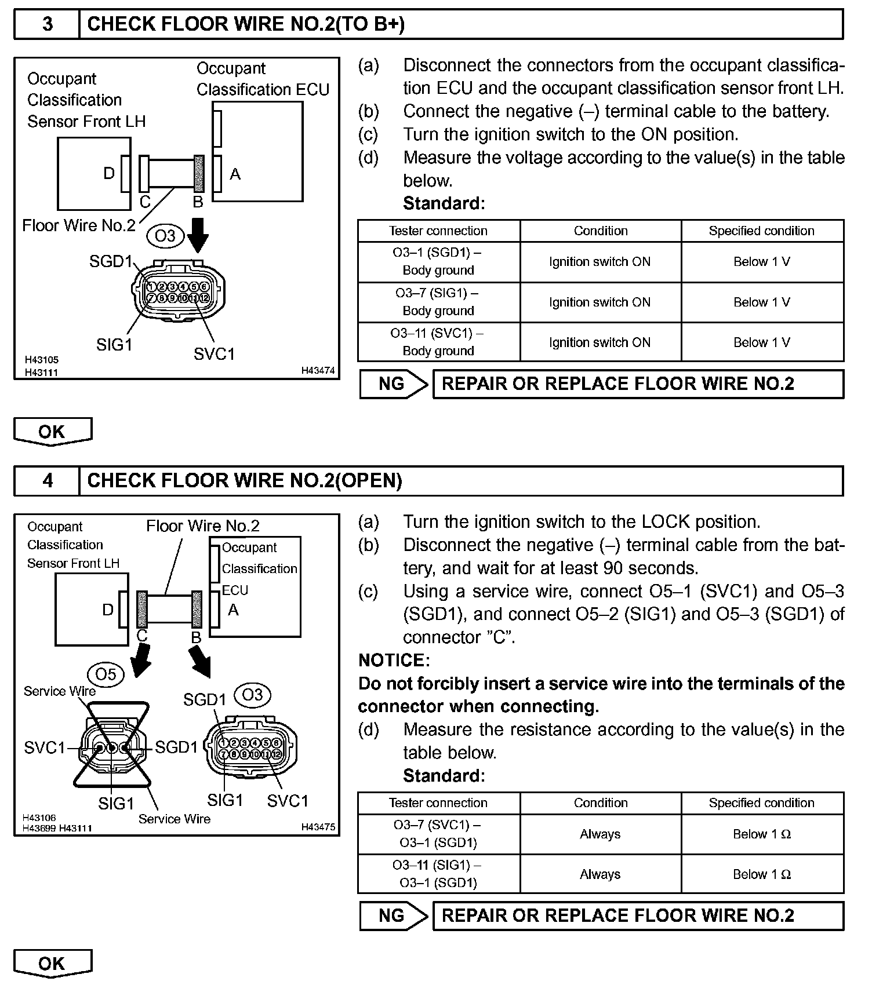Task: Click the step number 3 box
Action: click(47, 24)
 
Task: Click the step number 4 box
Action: click(47, 480)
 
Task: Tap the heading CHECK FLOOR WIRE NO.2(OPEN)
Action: click(244, 480)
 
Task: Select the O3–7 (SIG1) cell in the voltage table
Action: click(438, 302)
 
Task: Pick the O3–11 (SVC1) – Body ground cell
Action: click(438, 342)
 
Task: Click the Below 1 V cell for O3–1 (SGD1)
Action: click(762, 262)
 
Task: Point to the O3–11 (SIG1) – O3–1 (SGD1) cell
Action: click(438, 874)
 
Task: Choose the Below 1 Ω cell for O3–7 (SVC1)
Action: click(762, 834)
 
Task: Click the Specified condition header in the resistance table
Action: click(762, 802)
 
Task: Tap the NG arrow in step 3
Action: click(394, 384)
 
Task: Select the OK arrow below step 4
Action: click(52, 964)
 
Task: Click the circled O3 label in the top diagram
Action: click(165, 236)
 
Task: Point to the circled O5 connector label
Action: click(106, 674)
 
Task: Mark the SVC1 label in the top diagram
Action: click(215, 353)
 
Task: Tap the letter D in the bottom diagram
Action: click(108, 610)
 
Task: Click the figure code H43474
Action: click(318, 370)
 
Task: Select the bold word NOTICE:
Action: click(394, 660)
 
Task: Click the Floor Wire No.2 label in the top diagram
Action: click(78, 225)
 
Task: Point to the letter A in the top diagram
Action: click(235, 174)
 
